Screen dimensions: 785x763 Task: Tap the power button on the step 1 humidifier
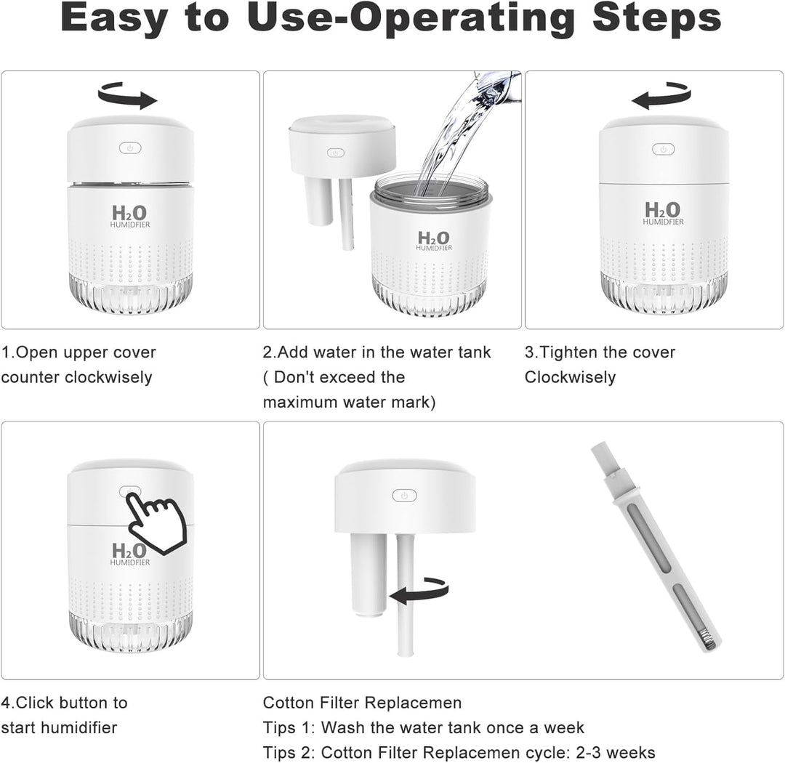click(130, 148)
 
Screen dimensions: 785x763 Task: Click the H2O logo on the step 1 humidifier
click(129, 216)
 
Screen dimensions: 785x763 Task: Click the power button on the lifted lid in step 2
click(335, 153)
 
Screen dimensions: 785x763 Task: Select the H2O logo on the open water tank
click(434, 241)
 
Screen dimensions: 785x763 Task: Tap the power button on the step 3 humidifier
click(664, 149)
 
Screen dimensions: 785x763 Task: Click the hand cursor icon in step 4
click(156, 522)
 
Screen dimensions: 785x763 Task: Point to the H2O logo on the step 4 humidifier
click(129, 554)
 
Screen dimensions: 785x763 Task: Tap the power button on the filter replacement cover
click(405, 496)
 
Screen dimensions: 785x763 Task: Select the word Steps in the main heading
click(657, 19)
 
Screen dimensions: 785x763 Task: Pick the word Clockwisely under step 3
click(571, 377)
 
